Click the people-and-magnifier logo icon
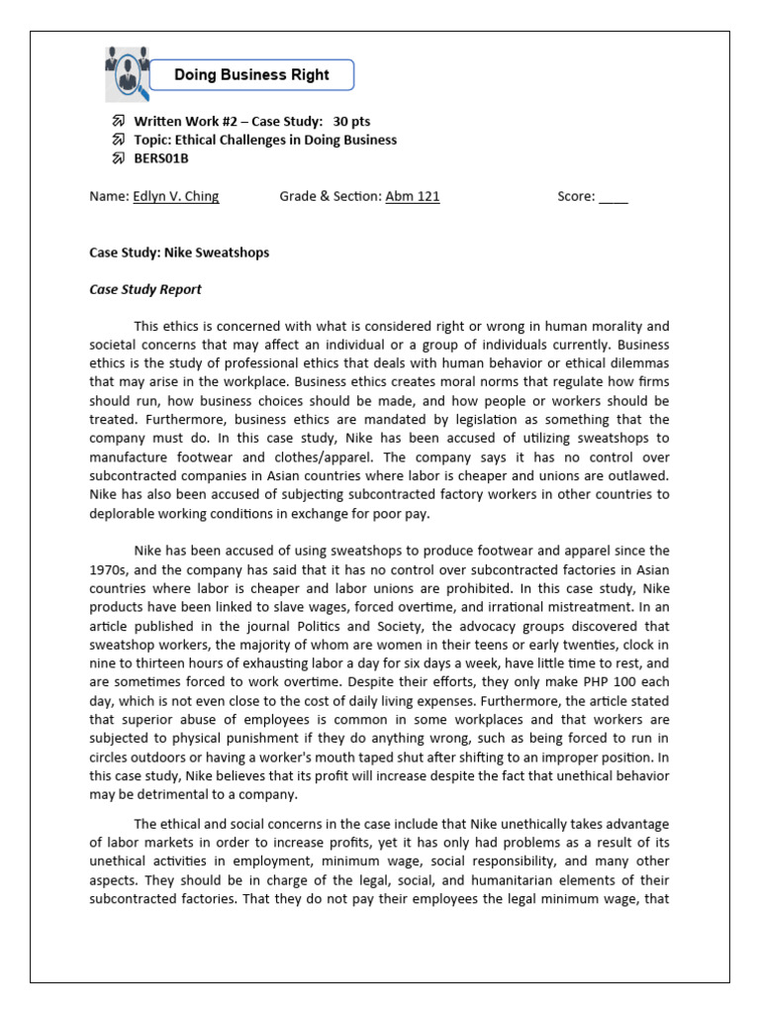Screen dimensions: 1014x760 [127, 73]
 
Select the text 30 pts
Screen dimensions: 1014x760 [351, 121]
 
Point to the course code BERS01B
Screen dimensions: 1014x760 [161, 158]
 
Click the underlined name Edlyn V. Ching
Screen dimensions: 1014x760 [175, 196]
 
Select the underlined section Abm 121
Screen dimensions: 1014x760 [413, 196]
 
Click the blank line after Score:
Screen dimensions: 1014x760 [613, 196]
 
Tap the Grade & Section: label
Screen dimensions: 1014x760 [331, 196]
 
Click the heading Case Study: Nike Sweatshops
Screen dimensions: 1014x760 [179, 253]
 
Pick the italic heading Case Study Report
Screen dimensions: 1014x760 [145, 289]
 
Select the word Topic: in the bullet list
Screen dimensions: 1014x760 [154, 140]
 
